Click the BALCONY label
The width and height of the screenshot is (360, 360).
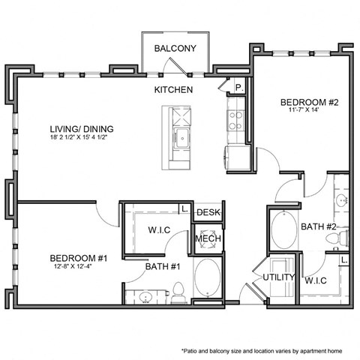click(x=175, y=49)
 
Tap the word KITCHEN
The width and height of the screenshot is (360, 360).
click(x=173, y=90)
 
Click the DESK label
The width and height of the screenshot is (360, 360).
click(x=208, y=213)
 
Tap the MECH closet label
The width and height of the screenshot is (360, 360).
click(x=207, y=239)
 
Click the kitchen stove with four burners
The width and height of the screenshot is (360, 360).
click(x=235, y=120)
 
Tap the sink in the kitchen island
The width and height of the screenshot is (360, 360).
click(x=180, y=138)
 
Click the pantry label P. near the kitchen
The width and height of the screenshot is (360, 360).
click(x=239, y=87)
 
